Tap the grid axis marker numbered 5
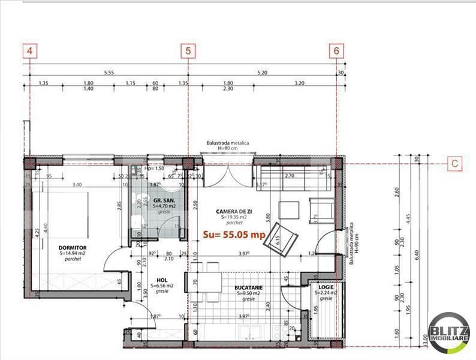click(189, 51)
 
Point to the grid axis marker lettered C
click(456, 163)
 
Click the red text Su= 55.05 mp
click(234, 235)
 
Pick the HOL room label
click(162, 280)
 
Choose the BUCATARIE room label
click(249, 287)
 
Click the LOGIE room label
click(326, 287)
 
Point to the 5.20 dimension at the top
click(262, 72)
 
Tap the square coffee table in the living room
click(288, 209)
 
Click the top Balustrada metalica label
click(225, 143)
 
